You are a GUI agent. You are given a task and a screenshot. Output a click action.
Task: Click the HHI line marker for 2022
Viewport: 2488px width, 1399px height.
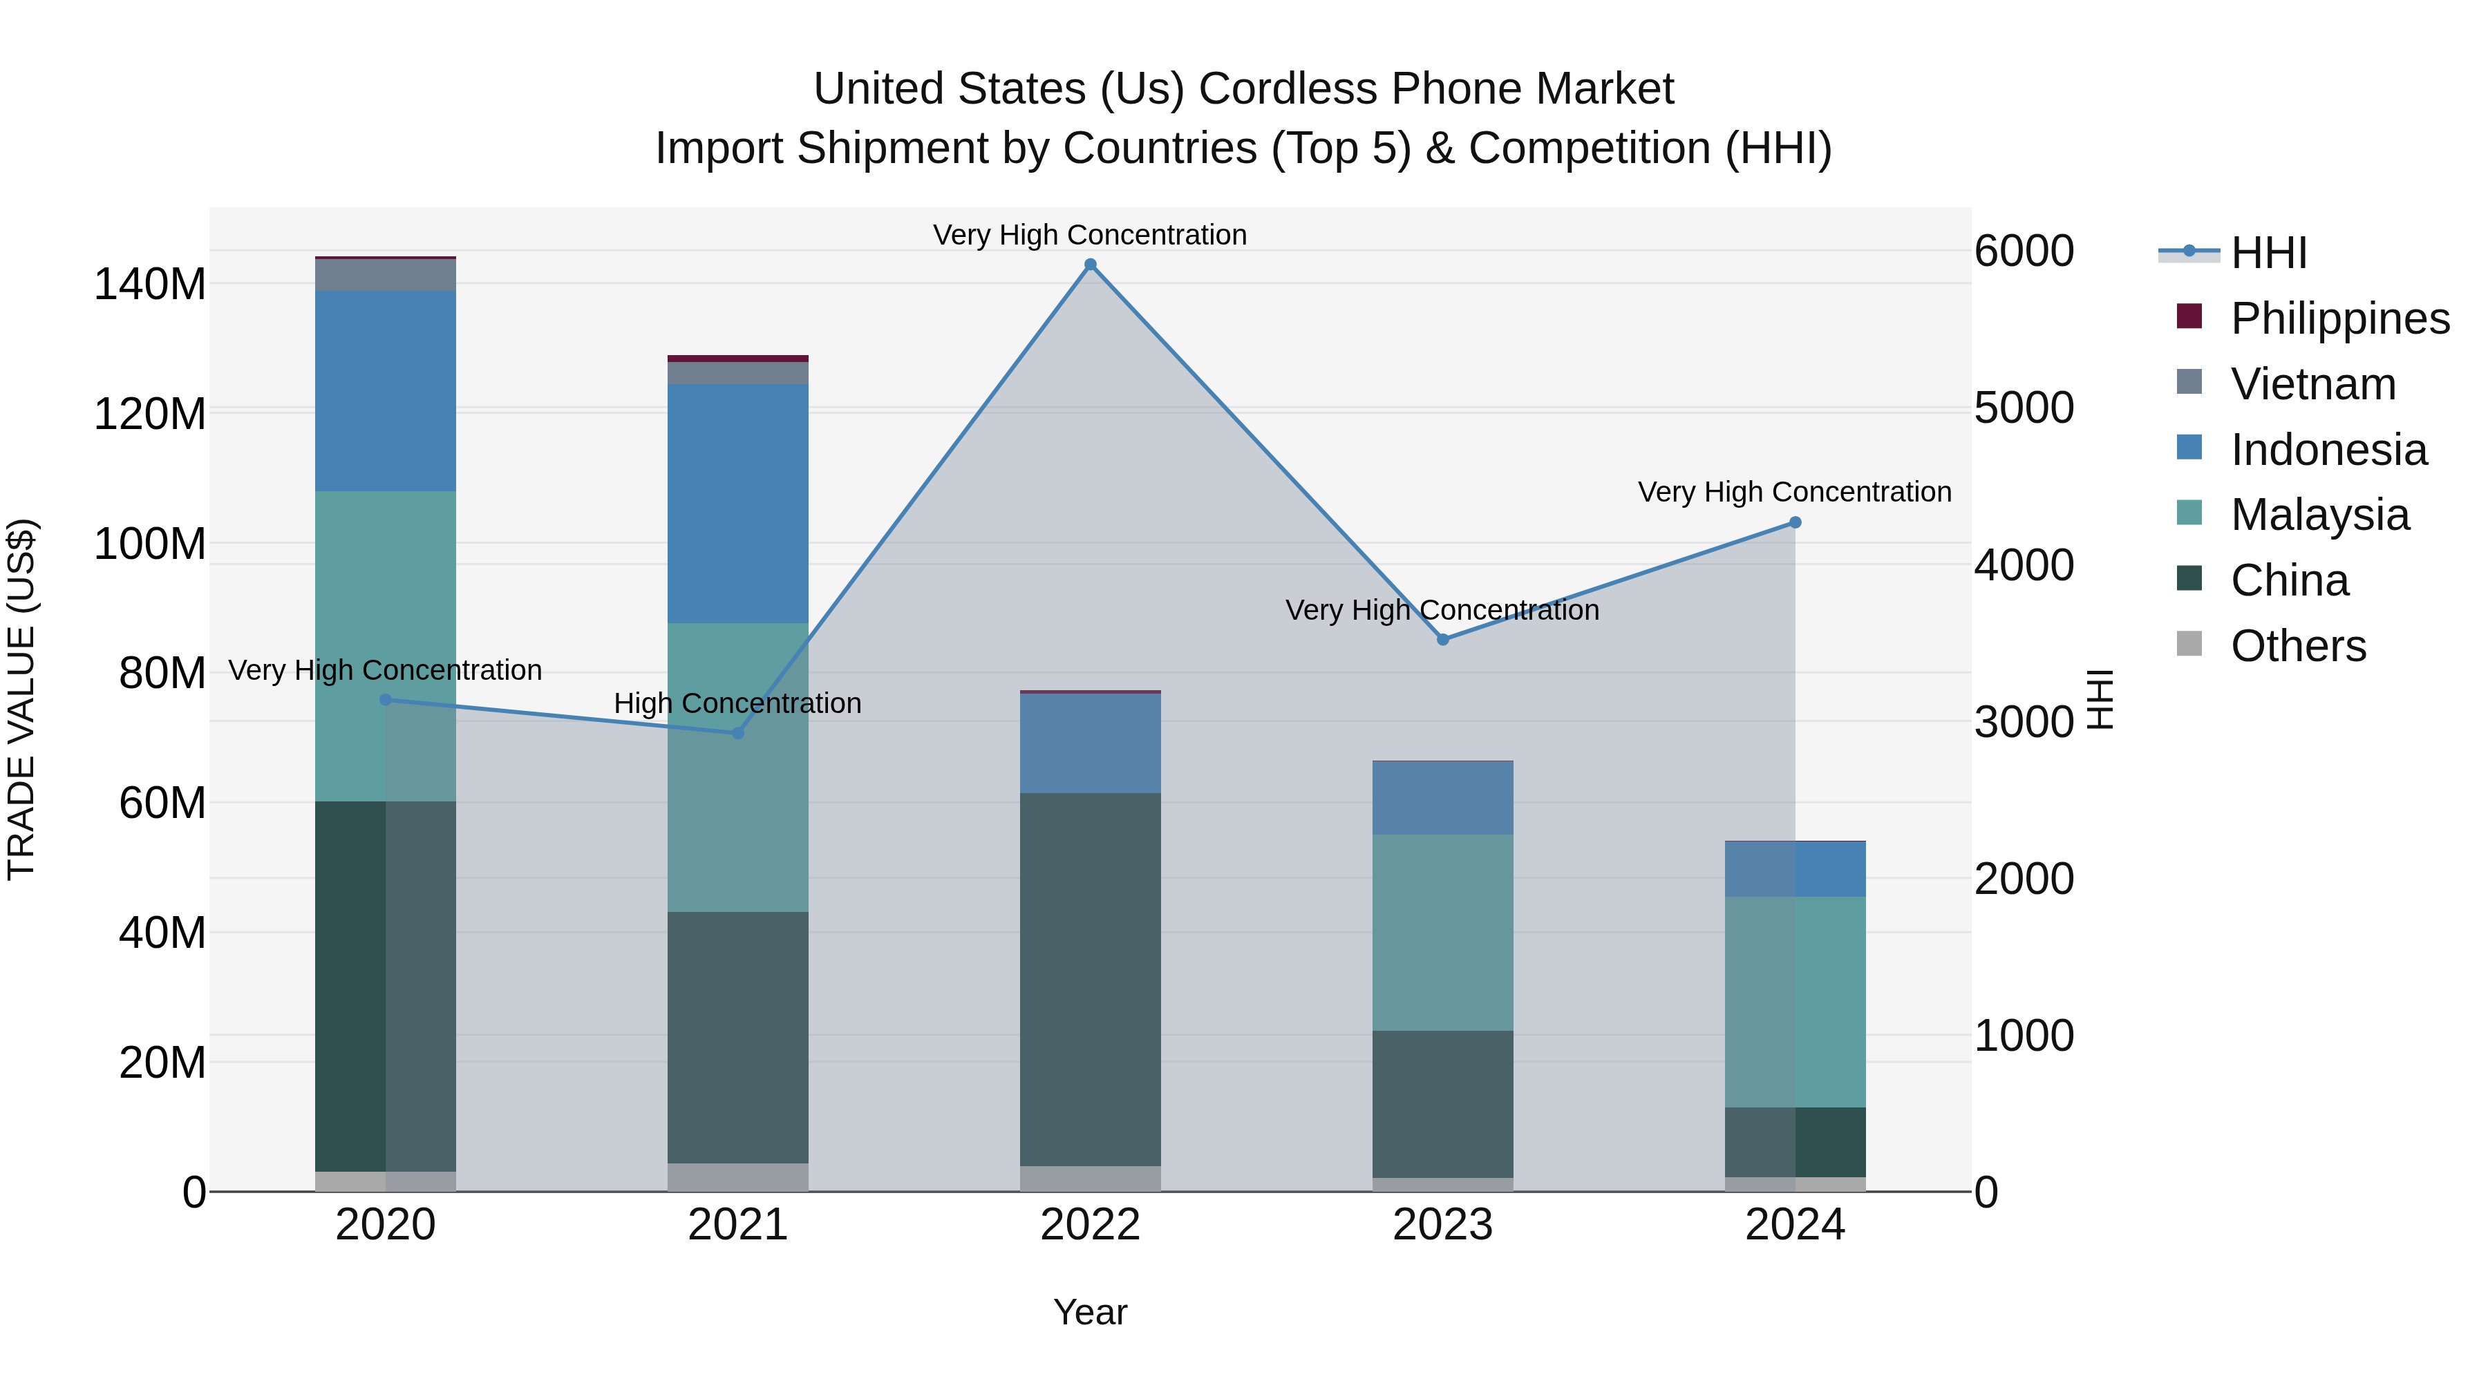1091,265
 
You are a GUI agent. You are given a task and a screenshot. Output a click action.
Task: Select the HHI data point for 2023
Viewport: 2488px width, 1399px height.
1443,639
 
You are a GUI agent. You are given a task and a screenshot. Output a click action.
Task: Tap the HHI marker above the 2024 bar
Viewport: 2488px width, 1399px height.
1795,522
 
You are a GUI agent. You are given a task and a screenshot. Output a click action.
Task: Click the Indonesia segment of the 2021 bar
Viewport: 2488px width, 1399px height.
738,503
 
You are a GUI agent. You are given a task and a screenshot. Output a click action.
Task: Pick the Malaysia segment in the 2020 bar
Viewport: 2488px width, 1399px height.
386,645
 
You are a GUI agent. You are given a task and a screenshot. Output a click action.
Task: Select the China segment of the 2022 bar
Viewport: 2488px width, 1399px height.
1091,979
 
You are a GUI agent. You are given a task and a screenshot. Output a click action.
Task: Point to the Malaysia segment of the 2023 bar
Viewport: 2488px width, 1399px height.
1443,932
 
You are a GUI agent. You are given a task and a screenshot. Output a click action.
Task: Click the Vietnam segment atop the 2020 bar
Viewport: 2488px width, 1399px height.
386,275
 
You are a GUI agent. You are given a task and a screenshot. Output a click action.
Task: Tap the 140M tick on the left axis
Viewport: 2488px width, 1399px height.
150,285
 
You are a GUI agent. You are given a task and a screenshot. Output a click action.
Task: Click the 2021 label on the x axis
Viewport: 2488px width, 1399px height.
738,1225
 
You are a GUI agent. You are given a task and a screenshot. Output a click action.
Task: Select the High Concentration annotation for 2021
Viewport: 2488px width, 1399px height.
738,703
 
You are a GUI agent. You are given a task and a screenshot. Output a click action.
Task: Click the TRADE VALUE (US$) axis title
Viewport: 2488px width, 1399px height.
21,699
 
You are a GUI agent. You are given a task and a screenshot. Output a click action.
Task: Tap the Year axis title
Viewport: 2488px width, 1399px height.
1091,1312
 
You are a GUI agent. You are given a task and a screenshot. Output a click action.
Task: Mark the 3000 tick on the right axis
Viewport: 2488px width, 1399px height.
2024,722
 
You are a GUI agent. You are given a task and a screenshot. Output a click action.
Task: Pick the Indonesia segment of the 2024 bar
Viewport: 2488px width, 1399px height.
1795,869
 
